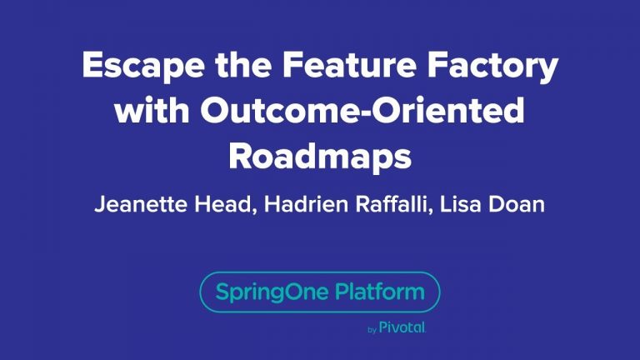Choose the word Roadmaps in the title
[x=320, y=156]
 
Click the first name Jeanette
[x=139, y=205]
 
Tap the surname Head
[x=220, y=205]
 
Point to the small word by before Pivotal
[x=372, y=331]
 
